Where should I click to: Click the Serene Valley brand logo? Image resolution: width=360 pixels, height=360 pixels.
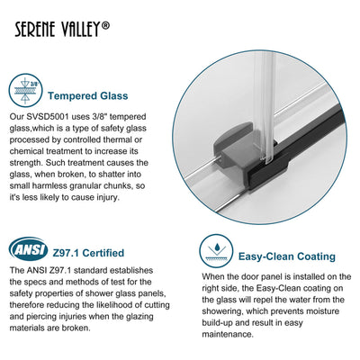coord(62,29)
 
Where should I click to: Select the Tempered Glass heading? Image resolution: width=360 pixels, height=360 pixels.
coord(88,96)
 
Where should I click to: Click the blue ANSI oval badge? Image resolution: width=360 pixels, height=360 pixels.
coord(29,249)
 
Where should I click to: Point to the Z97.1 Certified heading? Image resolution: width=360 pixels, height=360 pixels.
coord(88,253)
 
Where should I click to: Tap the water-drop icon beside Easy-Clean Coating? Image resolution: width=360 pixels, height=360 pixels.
coord(216,251)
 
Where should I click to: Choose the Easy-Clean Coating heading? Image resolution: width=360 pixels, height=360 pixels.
coord(287,256)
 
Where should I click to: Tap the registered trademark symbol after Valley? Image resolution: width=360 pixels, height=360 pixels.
coord(105,25)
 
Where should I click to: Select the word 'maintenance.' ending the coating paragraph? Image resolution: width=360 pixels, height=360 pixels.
coord(228,334)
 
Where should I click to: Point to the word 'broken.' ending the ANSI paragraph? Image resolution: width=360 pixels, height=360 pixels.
coord(76,328)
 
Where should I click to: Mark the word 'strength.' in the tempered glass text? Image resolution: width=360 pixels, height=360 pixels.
coord(26,163)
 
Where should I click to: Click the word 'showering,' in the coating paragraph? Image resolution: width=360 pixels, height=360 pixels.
coord(222,311)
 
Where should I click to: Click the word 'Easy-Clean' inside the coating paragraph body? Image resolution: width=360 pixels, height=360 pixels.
coord(278,288)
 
